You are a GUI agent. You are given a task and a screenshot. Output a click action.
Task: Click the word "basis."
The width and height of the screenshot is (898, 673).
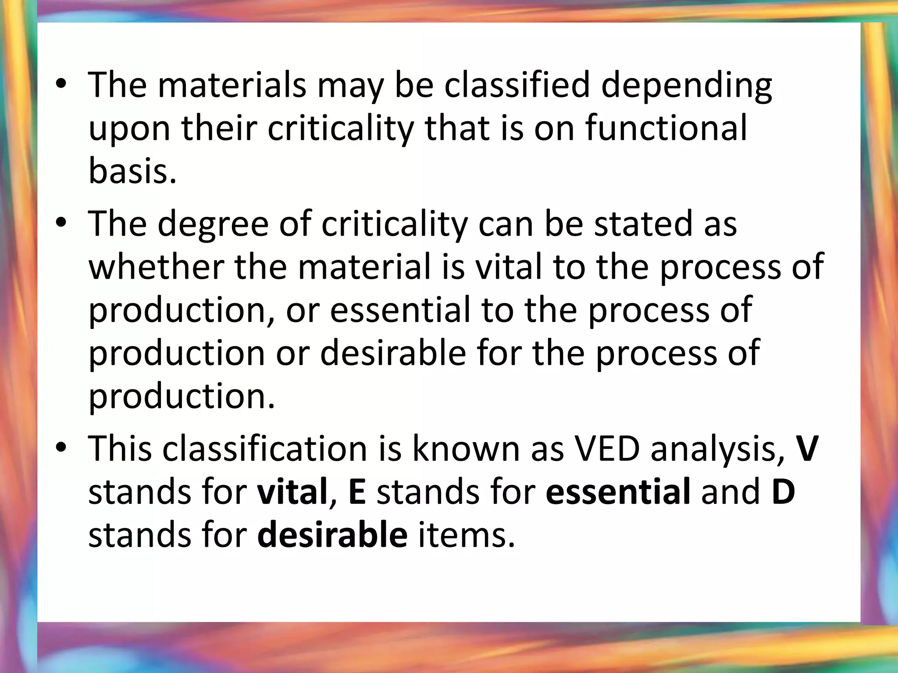point(132,170)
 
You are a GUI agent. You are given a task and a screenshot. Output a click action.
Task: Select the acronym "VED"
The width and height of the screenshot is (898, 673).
point(607,449)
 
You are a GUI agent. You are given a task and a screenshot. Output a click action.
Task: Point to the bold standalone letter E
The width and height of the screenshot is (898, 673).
point(357,492)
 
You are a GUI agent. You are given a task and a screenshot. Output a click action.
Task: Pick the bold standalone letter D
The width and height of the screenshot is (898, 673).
point(783,492)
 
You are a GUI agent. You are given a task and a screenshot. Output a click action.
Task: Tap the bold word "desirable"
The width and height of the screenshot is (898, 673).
point(332,535)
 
